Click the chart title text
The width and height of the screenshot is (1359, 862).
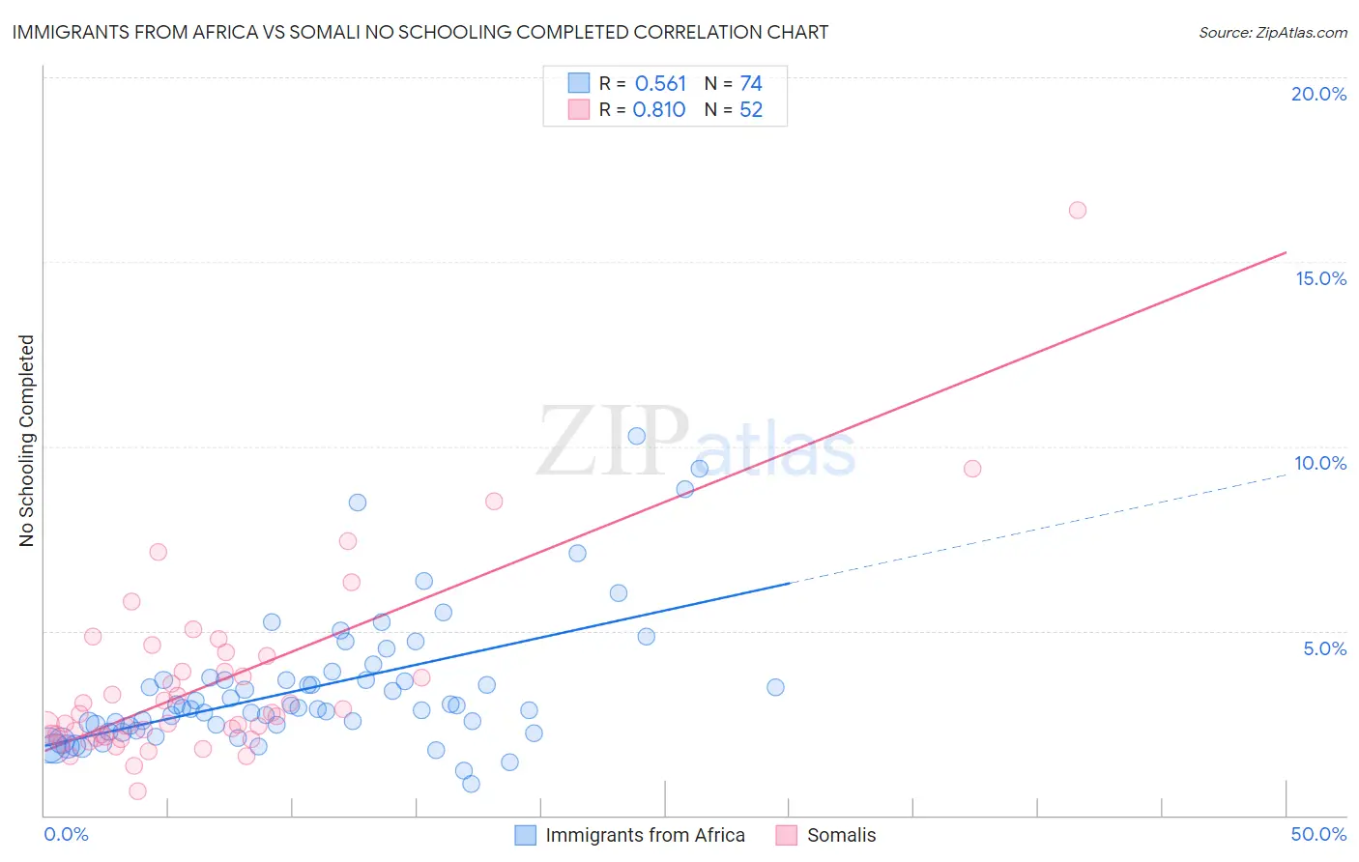click(x=420, y=32)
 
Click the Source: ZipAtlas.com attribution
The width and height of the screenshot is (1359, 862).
click(x=1272, y=32)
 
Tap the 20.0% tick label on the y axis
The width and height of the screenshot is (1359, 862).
click(x=1318, y=94)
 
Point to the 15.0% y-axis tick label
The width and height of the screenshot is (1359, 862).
click(x=1320, y=278)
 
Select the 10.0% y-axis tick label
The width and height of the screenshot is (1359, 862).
click(x=1320, y=463)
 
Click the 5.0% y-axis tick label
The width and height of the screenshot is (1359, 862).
click(x=1324, y=648)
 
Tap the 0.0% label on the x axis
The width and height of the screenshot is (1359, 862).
click(x=66, y=834)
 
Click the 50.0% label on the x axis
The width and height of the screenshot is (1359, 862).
click(x=1318, y=834)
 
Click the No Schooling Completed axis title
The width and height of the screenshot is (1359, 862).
click(x=26, y=441)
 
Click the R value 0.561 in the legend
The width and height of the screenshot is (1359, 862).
click(x=660, y=83)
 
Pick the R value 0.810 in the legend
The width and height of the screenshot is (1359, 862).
click(x=659, y=110)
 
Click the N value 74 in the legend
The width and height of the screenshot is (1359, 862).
click(x=751, y=83)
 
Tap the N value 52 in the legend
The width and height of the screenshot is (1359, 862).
click(x=751, y=110)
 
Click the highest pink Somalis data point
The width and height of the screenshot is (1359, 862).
click(x=1078, y=211)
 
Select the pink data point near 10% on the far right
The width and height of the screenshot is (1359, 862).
click(x=972, y=469)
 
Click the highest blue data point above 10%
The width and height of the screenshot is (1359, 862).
click(x=636, y=436)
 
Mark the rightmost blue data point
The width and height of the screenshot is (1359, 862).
click(x=775, y=687)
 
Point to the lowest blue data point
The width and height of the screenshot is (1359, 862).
click(x=471, y=784)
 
